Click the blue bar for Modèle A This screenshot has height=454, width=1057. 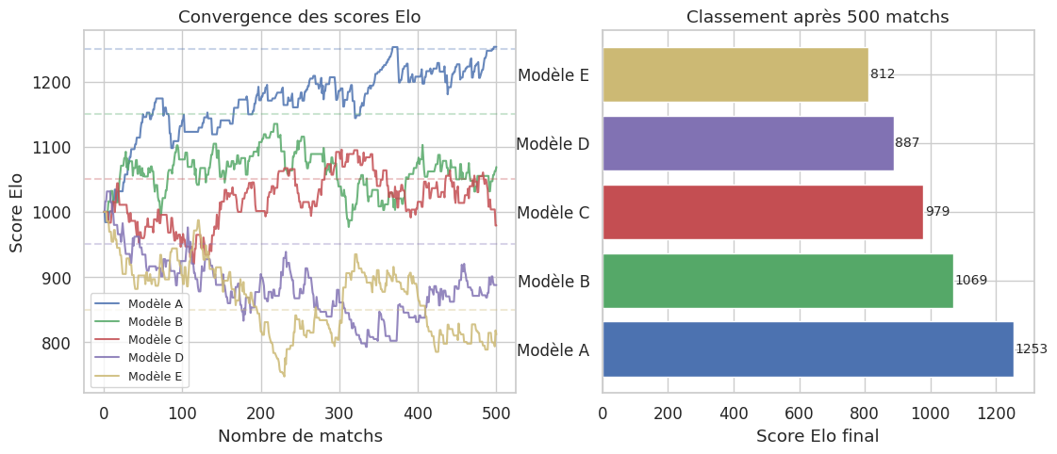pos(807,349)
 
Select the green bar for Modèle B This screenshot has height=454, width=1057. pos(777,281)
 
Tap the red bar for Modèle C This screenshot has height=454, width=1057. pos(762,212)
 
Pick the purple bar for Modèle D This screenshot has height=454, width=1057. pos(747,143)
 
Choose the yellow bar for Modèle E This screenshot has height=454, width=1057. pos(735,74)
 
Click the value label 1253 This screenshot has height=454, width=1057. pos(1032,349)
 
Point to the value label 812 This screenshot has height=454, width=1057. pos(883,74)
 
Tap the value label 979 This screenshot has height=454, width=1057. pos(937,212)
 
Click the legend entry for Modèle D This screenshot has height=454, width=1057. pos(156,358)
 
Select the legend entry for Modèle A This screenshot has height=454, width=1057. pos(156,303)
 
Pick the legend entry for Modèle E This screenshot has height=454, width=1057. pos(156,376)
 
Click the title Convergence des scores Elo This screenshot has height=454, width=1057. pos(299,17)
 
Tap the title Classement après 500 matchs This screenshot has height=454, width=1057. pos(818,17)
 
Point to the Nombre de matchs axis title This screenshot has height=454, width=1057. pos(300,436)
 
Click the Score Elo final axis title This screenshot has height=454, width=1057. pos(818,436)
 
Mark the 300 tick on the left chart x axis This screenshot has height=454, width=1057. pos(339,412)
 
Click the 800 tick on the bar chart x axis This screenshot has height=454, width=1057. pos(864,412)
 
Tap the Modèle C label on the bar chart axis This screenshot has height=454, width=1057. pos(553,213)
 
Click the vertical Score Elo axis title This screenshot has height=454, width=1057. pos(17,212)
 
